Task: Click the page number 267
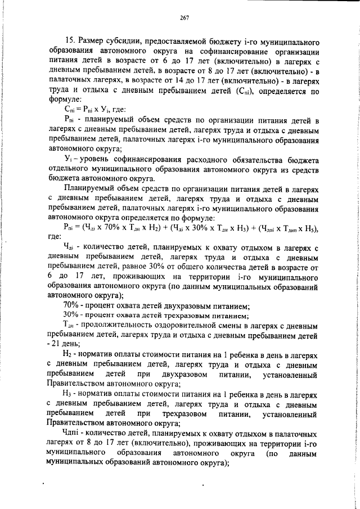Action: pos(184,19)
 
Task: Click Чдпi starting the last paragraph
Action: pos(73,435)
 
